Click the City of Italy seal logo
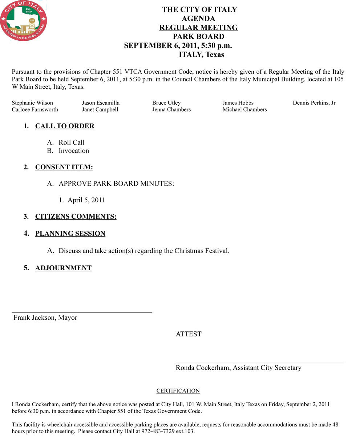pyautogui.click(x=24, y=21)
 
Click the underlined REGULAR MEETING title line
pyautogui.click(x=198, y=28)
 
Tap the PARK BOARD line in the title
pyautogui.click(x=198, y=36)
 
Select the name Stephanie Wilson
pyautogui.click(x=32, y=103)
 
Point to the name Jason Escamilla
pyautogui.click(x=101, y=103)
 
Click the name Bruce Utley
pyautogui.click(x=166, y=103)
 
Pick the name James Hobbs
pyautogui.click(x=238, y=103)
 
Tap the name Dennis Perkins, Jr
pyautogui.click(x=314, y=103)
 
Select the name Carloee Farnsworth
pyautogui.click(x=35, y=109)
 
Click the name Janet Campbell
pyautogui.click(x=100, y=109)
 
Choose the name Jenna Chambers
pyautogui.click(x=171, y=109)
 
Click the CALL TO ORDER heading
pyautogui.click(x=65, y=126)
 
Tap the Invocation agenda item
pyautogui.click(x=74, y=150)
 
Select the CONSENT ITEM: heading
pyautogui.click(x=64, y=167)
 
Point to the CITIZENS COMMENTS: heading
pyautogui.click(x=76, y=217)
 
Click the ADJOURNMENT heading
pyautogui.click(x=63, y=268)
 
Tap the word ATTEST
pyautogui.click(x=189, y=334)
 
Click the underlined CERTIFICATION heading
pyautogui.click(x=178, y=391)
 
